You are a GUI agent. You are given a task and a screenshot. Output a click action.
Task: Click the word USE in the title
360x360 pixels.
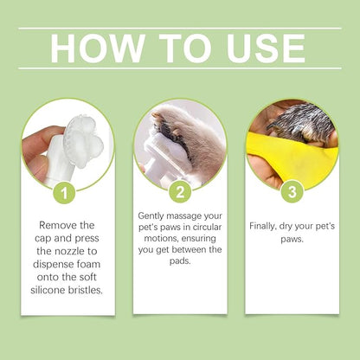[x=260, y=48]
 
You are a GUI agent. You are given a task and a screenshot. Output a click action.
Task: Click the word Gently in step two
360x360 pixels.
[x=155, y=215]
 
